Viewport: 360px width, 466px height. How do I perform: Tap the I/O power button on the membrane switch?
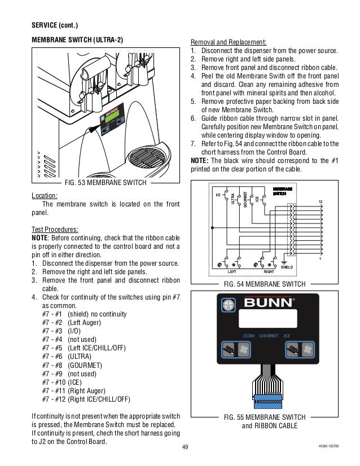(227, 305)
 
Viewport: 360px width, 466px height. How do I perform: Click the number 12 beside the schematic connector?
(321, 202)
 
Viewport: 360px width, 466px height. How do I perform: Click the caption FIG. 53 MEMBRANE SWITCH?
(106, 183)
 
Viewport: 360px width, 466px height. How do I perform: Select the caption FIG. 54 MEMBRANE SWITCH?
(265, 283)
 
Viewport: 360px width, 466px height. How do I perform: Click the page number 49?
(185, 448)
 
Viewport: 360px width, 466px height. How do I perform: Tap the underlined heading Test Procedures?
(55, 230)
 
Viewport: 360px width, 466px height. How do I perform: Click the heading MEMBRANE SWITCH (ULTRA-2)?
(77, 40)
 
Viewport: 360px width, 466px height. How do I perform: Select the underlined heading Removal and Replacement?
(229, 42)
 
